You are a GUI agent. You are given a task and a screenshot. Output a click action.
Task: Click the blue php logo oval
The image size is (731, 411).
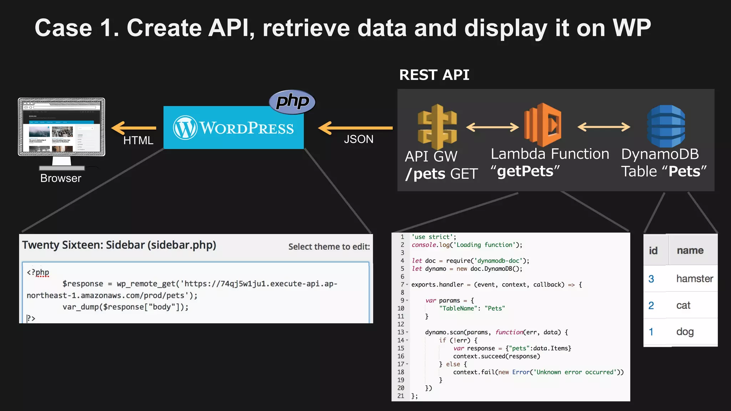pyautogui.click(x=292, y=102)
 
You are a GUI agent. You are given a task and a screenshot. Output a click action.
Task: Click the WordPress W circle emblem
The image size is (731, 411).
pyautogui.click(x=185, y=128)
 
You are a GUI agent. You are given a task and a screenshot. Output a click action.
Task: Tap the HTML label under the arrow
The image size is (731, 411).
pyautogui.click(x=138, y=141)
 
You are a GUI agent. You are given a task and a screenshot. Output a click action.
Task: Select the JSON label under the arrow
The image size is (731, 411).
pyautogui.click(x=358, y=139)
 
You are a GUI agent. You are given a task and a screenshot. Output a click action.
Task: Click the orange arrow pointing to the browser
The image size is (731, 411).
pyautogui.click(x=134, y=128)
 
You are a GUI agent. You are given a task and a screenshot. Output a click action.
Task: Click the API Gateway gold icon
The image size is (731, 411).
pyautogui.click(x=437, y=127)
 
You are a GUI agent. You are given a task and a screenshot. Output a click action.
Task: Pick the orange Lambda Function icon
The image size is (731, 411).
pyautogui.click(x=543, y=125)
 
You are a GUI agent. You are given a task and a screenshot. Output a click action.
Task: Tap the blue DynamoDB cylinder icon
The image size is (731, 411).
pyautogui.click(x=666, y=126)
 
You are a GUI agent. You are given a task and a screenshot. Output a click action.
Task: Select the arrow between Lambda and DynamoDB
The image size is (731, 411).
pyautogui.click(x=604, y=127)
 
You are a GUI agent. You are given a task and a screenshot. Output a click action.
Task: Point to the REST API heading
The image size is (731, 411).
pyautogui.click(x=434, y=75)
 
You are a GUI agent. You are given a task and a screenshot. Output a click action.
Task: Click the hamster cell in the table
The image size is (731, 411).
pyautogui.click(x=694, y=279)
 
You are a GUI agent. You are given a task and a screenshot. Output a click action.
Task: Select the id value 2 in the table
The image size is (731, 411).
pyautogui.click(x=651, y=305)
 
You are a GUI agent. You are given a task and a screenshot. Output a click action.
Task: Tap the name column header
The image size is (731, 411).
pyautogui.click(x=690, y=250)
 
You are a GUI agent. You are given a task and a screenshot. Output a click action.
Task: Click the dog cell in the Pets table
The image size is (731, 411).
pyautogui.click(x=685, y=332)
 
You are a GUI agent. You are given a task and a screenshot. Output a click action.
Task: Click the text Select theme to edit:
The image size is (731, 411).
pyautogui.click(x=329, y=247)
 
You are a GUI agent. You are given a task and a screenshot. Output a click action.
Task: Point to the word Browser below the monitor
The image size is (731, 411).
pyautogui.click(x=61, y=178)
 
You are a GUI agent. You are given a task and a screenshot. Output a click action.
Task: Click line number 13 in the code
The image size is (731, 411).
pyautogui.click(x=400, y=332)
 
